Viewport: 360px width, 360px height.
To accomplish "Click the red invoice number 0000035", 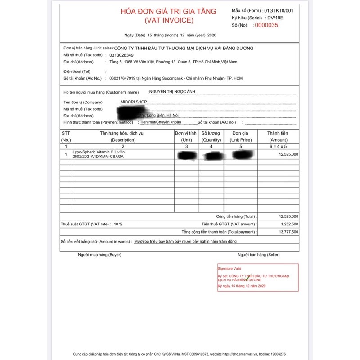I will coord(267,25).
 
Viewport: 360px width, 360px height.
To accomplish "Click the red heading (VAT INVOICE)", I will coord(168,20).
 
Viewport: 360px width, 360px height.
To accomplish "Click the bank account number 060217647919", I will coord(122,78).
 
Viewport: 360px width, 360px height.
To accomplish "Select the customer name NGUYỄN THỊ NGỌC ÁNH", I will coord(172,92).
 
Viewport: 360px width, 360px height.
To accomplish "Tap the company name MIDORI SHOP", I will coord(134,102).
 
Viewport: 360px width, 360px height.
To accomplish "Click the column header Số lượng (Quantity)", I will coord(211,136).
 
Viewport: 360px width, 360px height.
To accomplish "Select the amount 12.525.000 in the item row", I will coord(288,154).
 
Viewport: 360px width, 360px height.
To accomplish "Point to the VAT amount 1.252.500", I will coord(288,224).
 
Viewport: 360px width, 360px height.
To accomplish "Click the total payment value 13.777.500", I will coord(288,232).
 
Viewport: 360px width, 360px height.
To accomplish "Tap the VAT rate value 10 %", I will coord(118,224).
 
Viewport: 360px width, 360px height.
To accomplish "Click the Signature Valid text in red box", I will coord(229,268).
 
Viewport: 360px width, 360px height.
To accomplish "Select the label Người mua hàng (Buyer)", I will coord(99,255).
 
